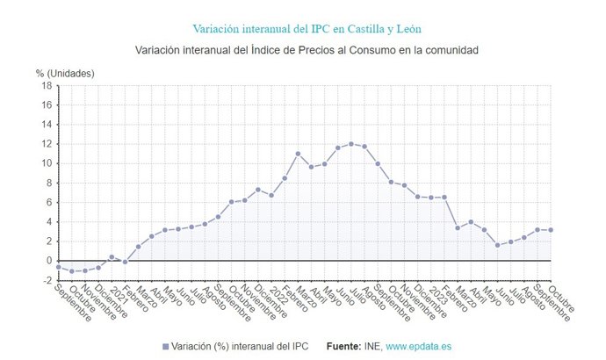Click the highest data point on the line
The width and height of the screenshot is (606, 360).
[351, 144]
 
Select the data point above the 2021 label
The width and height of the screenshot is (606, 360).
[112, 257]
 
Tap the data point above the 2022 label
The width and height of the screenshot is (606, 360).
[271, 195]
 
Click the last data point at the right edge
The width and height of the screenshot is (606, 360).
[551, 230]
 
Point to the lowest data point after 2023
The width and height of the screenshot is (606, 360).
[497, 245]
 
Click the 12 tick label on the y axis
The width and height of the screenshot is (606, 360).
[47, 144]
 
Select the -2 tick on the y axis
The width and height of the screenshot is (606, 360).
[47, 280]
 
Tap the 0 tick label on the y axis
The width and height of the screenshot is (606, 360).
[49, 261]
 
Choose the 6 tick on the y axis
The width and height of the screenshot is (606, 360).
[49, 202]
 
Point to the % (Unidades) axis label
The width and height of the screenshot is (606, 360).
[64, 73]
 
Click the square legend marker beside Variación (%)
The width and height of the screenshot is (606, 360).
[165, 347]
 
